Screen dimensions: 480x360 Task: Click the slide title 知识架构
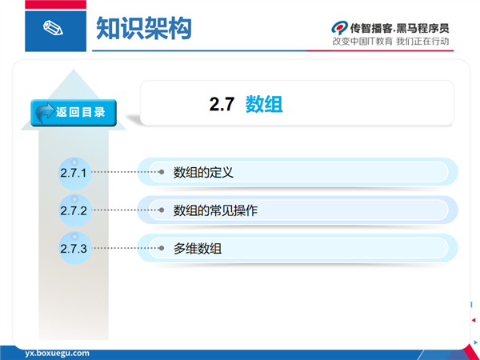[144, 28]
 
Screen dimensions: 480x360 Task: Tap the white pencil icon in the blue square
[53, 28]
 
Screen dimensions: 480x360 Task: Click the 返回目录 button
[74, 113]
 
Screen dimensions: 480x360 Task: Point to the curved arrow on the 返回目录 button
[45, 112]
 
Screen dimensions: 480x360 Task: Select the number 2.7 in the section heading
[222, 104]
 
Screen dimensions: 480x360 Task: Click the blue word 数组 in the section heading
[264, 104]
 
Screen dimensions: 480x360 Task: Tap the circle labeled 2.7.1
[74, 174]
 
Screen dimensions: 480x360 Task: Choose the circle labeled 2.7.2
[74, 210]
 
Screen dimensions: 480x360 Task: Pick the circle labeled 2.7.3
[74, 248]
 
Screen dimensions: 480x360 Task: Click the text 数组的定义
[203, 172]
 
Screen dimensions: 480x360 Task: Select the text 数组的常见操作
[215, 210]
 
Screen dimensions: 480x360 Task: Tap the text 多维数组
[198, 248]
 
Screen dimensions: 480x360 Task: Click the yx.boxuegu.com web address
[58, 354]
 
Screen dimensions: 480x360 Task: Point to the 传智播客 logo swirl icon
[339, 28]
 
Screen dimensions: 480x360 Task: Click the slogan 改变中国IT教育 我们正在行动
[390, 42]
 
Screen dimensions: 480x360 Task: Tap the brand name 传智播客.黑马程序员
[399, 28]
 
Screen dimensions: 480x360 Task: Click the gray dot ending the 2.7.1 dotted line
[162, 172]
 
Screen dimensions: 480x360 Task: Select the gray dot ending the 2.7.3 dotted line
[162, 248]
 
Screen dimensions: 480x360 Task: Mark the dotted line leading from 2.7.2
[126, 210]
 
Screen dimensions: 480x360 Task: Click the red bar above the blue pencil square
[56, 5]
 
